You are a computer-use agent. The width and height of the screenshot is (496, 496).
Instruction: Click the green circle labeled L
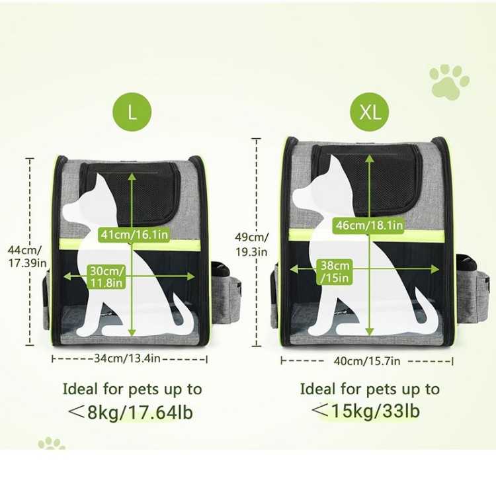tap(132, 112)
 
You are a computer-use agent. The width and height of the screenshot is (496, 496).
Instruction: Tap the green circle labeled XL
tap(370, 112)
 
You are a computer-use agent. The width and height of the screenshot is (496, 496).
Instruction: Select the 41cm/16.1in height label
tap(134, 234)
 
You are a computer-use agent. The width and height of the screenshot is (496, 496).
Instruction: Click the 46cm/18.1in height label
tap(370, 226)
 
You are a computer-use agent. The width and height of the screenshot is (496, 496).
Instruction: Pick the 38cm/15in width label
tap(335, 272)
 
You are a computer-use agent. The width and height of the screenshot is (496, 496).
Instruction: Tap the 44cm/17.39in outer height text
tap(27, 257)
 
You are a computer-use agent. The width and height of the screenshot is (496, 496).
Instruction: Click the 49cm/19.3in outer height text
tap(252, 244)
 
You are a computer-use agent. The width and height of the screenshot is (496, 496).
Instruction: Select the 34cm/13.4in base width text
tap(127, 358)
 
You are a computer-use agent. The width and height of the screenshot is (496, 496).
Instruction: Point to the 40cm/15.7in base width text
tap(367, 361)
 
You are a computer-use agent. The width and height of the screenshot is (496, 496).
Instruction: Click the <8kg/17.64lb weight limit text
tap(131, 412)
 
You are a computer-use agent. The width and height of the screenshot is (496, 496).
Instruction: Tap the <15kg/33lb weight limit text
tap(366, 411)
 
